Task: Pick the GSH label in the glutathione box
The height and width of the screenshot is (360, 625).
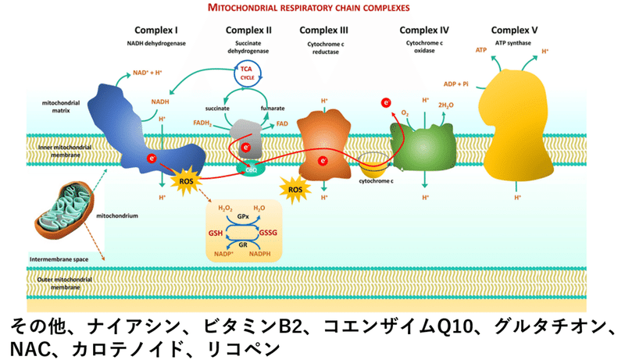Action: [216, 233]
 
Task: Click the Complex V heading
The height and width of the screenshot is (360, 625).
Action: [518, 30]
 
